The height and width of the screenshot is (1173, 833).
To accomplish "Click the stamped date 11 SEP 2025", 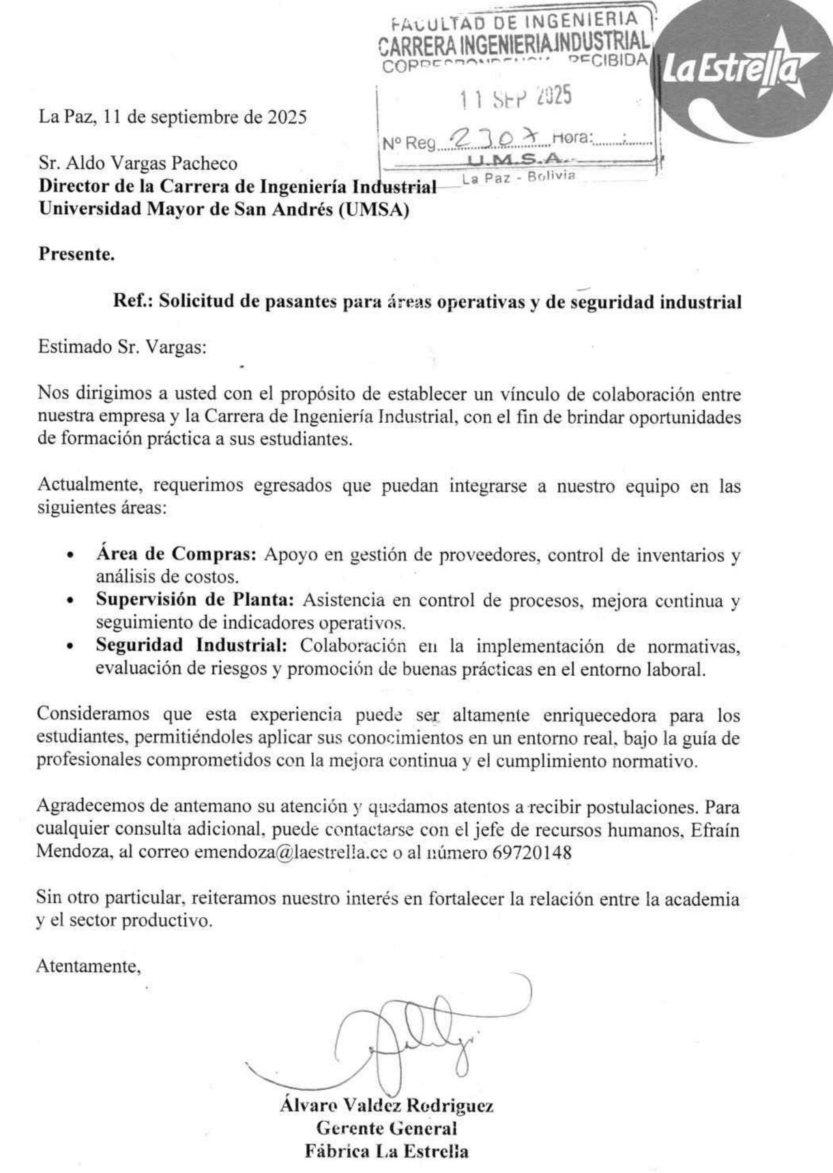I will tap(515, 98).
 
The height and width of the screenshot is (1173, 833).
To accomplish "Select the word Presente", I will tap(76, 255).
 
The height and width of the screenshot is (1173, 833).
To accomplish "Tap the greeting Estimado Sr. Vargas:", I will tap(121, 346).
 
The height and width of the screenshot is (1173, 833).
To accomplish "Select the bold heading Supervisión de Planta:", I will tap(194, 600).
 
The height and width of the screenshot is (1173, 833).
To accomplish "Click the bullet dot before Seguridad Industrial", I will tap(70, 647).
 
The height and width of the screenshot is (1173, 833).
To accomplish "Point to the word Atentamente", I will tap(89, 966).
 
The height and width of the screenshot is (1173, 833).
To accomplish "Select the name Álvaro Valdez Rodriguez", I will tap(386, 1105).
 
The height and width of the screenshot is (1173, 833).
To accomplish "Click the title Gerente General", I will tap(386, 1128).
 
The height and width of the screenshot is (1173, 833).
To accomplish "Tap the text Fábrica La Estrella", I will tap(386, 1152).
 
